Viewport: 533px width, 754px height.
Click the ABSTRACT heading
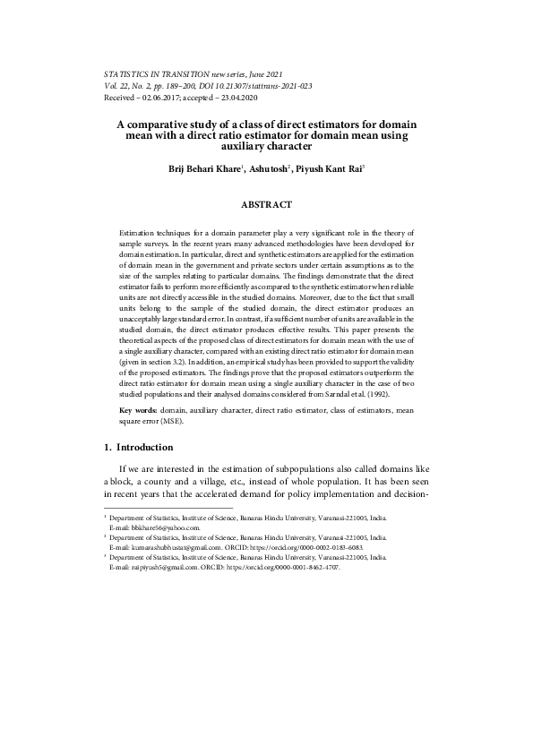[x=268, y=204]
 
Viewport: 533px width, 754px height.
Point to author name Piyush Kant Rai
[x=327, y=167]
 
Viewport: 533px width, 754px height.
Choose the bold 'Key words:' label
[x=138, y=409]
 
